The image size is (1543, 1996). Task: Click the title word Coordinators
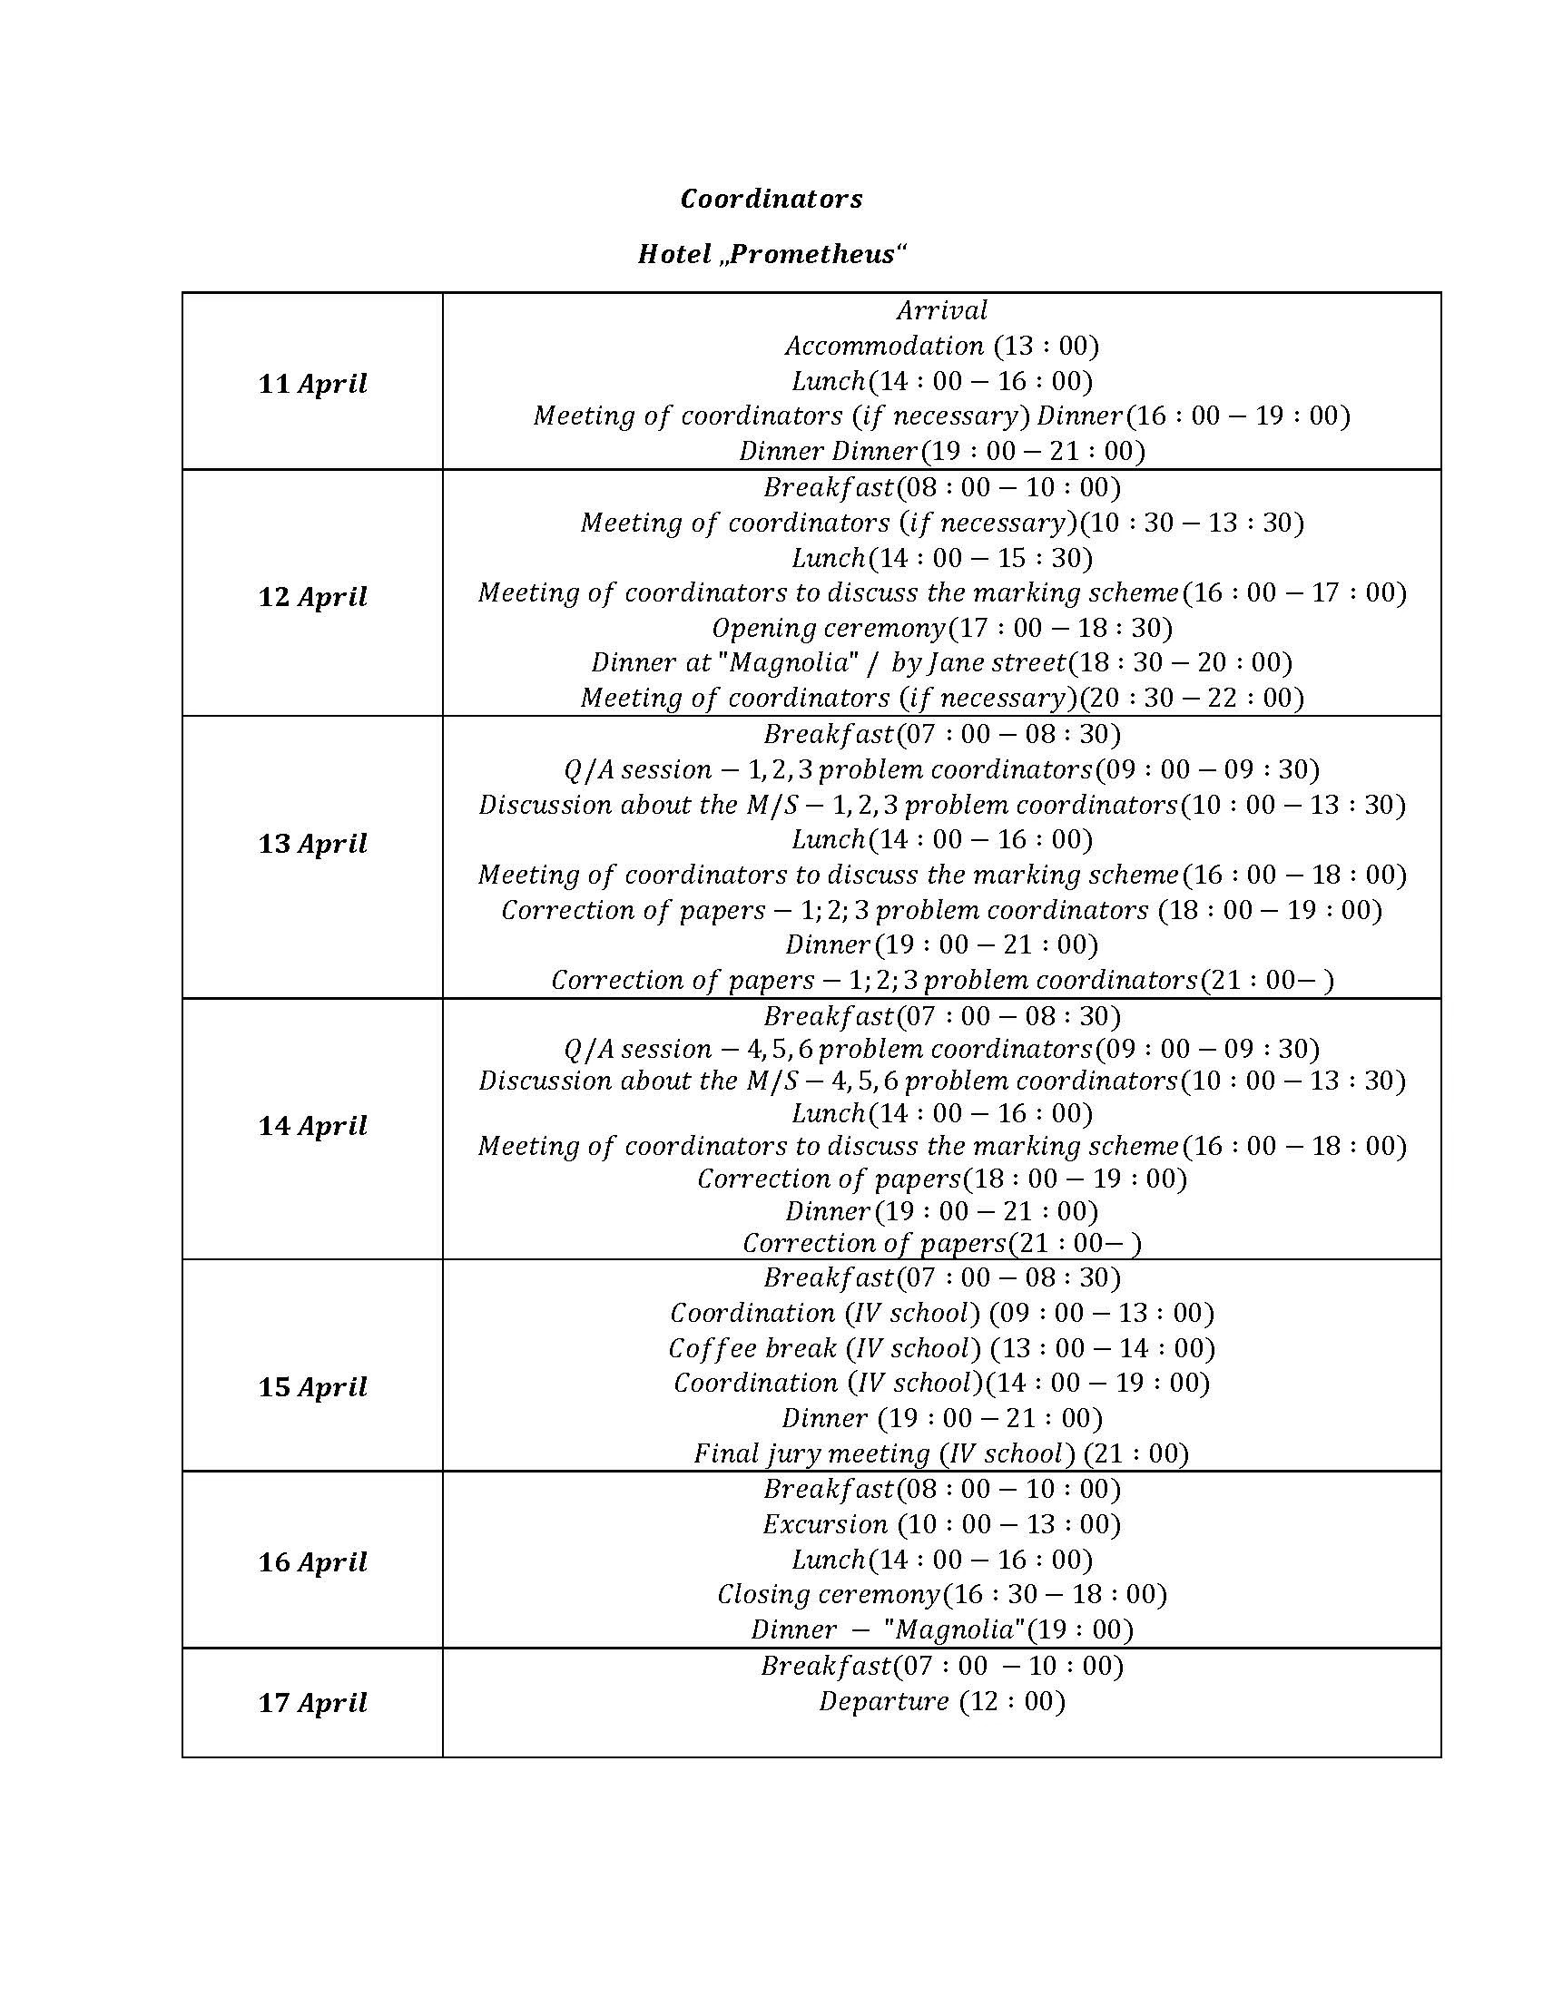click(771, 200)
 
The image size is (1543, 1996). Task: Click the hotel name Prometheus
click(811, 254)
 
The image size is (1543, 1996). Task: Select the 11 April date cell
click(311, 383)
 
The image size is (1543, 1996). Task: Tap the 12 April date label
click(311, 597)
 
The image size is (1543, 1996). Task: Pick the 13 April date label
click(311, 843)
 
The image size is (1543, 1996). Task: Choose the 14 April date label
click(311, 1125)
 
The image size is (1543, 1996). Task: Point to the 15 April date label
click(311, 1386)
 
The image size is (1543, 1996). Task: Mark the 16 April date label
click(311, 1562)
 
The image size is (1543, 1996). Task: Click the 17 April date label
click(311, 1703)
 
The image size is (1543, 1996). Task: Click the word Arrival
click(941, 310)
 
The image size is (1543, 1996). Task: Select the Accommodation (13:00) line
click(941, 346)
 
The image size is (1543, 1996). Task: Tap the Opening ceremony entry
click(941, 628)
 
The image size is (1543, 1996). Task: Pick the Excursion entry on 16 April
click(941, 1524)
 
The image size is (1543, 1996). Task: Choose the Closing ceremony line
click(941, 1595)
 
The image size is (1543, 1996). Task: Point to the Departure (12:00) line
click(941, 1701)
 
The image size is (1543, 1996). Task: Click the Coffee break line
click(941, 1348)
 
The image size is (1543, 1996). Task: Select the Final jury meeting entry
click(941, 1453)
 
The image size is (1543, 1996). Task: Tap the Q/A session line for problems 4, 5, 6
click(941, 1048)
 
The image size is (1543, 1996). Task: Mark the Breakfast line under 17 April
click(941, 1666)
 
